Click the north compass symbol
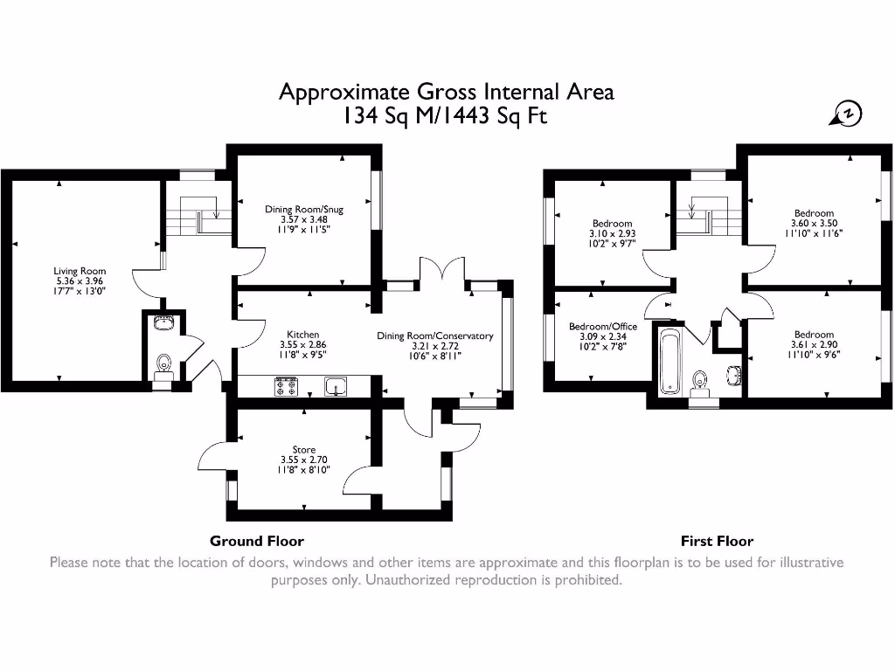(x=847, y=113)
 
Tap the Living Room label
(x=80, y=272)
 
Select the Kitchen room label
(x=303, y=335)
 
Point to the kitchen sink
(x=336, y=385)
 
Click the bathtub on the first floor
(x=670, y=361)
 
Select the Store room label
(x=304, y=450)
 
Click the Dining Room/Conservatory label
(x=435, y=335)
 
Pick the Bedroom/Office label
(x=603, y=327)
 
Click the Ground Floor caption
(x=257, y=541)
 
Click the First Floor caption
(x=717, y=541)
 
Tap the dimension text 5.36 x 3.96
(x=80, y=282)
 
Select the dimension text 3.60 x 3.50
(x=814, y=224)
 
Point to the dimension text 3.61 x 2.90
(x=814, y=345)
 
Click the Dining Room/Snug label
(x=305, y=209)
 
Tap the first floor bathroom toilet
(x=699, y=382)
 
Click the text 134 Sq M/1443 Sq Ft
(x=446, y=116)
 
